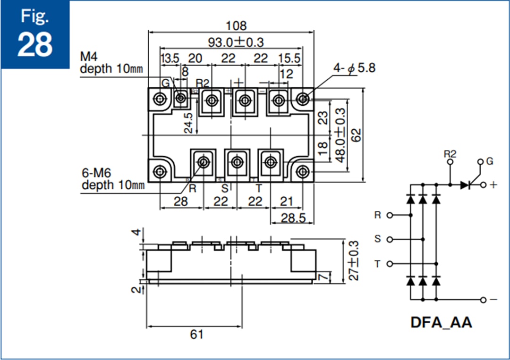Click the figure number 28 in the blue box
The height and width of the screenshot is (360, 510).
[x=34, y=45]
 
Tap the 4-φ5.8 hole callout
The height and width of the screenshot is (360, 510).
[x=354, y=68]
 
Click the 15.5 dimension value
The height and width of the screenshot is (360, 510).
[x=289, y=59]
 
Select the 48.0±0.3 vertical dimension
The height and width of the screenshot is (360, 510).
[x=340, y=136]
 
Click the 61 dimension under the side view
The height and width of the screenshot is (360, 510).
[x=197, y=334]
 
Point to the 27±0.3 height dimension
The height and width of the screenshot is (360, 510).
[x=354, y=261]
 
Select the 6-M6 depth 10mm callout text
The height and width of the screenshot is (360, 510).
[x=113, y=179]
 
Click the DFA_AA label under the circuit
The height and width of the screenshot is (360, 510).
[x=441, y=322]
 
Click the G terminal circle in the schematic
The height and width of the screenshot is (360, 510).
[x=481, y=162]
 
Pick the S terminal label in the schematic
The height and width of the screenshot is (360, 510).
[x=377, y=239]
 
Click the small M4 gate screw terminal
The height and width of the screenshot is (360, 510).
[x=180, y=99]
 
